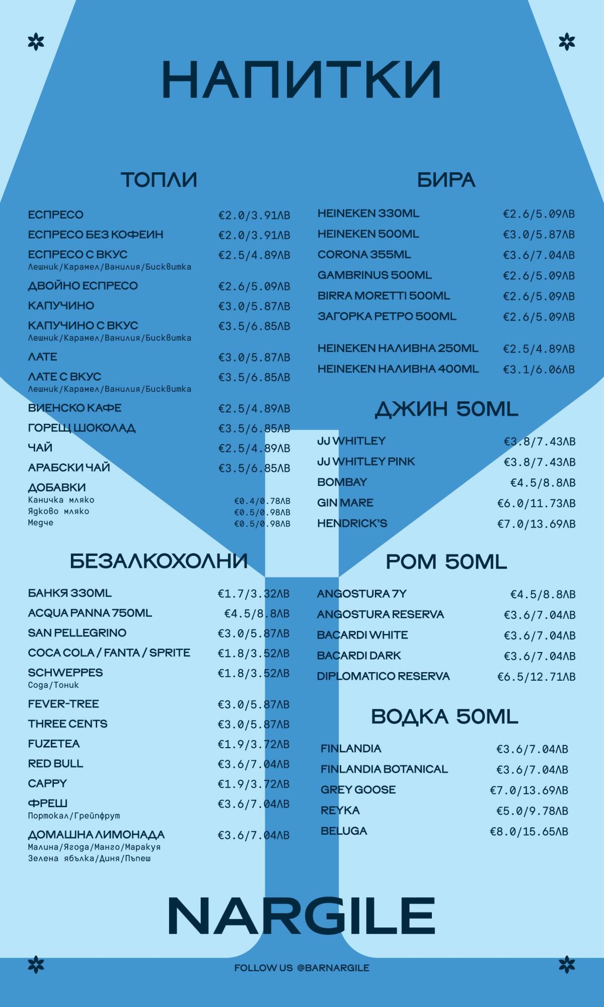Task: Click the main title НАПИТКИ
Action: coord(301,80)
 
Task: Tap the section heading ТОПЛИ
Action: coord(159,180)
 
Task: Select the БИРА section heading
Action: coord(446,180)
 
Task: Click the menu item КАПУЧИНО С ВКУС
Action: coord(83,326)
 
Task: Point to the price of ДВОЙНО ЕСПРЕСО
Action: coord(254,286)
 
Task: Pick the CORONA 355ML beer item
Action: coord(364,255)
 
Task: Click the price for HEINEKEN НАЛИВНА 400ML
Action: coord(539,370)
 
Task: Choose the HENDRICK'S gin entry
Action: coord(352,524)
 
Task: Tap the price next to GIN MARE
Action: coord(536,503)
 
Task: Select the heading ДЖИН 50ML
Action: coord(446,409)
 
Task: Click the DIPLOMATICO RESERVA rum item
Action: coord(383,676)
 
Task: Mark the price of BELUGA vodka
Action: coord(529,832)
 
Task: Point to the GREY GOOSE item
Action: coord(358,790)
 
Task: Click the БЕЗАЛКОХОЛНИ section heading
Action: coord(159,561)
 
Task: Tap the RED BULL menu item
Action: coord(55,764)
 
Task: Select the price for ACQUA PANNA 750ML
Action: coord(257,614)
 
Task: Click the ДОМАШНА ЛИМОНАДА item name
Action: coord(96,835)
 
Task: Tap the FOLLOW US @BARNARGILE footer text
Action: coord(301,968)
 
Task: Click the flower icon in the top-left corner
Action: coord(36,41)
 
